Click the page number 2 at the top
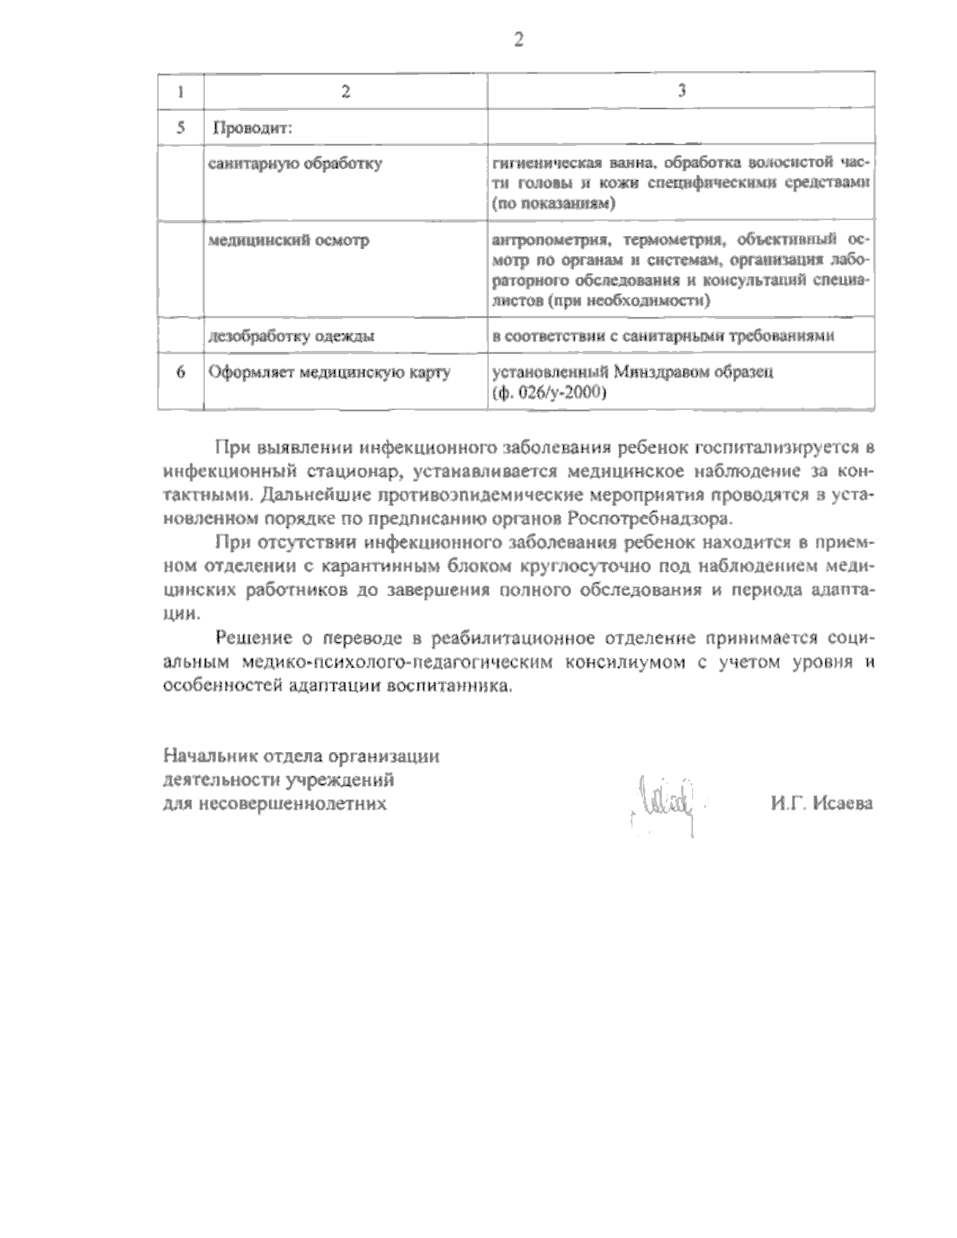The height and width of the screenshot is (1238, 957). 518,40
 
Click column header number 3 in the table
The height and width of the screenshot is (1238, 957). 681,90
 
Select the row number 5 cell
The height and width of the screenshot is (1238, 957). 180,128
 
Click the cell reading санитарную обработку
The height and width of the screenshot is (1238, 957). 294,164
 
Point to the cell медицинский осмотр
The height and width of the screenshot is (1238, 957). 288,240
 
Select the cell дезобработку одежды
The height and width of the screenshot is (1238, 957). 291,336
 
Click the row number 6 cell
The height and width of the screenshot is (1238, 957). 180,372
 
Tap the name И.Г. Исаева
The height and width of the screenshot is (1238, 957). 821,803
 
